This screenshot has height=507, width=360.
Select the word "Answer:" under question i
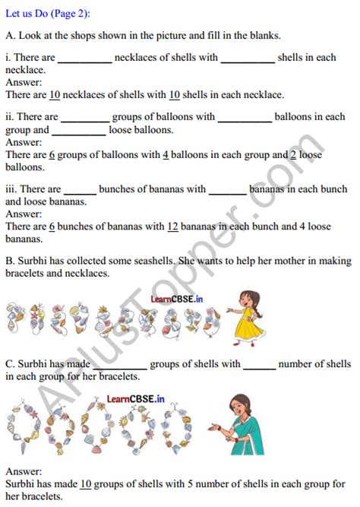pyautogui.click(x=24, y=82)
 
